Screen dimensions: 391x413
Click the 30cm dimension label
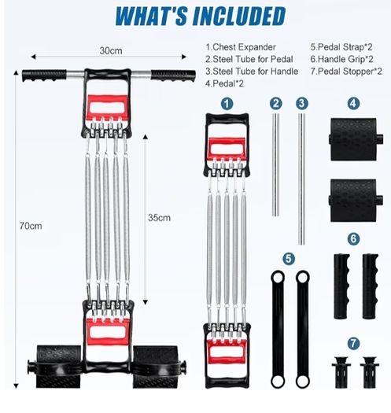point(111,50)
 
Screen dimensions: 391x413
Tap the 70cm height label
point(31,226)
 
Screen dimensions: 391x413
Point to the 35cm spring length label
point(159,218)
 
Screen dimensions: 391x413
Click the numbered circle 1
point(227,104)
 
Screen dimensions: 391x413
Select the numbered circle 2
point(276,104)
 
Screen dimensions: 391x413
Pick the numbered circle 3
point(301,104)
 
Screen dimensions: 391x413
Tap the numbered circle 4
point(353,104)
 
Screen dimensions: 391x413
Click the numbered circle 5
point(289,259)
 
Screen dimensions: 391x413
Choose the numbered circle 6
point(353,239)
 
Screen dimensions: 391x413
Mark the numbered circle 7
point(353,343)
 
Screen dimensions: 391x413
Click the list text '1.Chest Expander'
point(241,47)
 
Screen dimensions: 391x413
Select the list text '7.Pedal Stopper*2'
point(346,72)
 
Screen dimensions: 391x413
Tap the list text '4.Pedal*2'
point(224,83)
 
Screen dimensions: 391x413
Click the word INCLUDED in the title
point(239,16)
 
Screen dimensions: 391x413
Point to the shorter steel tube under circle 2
point(275,165)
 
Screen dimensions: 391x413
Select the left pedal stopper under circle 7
point(341,372)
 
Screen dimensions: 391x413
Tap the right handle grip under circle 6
point(370,286)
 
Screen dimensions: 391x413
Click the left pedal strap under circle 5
point(278,330)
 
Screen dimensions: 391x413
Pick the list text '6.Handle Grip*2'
point(341,59)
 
